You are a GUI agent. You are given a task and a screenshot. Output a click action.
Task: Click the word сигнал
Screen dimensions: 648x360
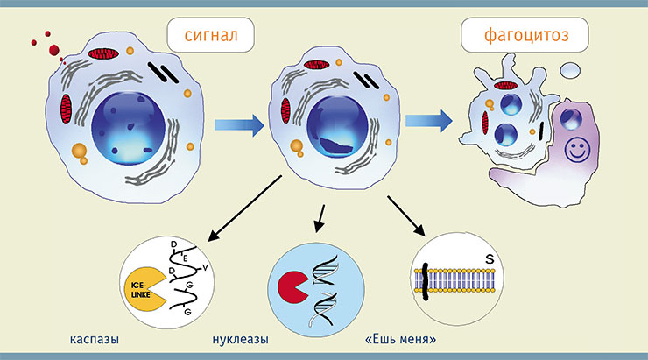click(x=211, y=35)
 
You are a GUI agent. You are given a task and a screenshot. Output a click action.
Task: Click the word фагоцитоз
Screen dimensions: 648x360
click(x=526, y=35)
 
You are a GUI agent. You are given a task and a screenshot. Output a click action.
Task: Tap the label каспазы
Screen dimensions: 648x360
click(x=95, y=340)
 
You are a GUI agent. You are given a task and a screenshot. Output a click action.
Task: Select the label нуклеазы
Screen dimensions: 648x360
click(x=241, y=340)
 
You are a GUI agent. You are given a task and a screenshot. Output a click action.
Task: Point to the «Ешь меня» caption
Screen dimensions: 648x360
click(x=401, y=339)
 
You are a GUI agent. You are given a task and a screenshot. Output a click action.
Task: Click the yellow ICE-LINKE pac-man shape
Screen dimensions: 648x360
click(x=144, y=289)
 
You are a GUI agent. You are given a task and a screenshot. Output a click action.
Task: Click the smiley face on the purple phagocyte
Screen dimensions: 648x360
click(x=577, y=150)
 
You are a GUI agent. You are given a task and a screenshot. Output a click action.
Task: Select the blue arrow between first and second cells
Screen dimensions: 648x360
click(x=239, y=125)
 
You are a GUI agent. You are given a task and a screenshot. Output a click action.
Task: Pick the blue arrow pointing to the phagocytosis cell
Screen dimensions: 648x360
click(x=429, y=121)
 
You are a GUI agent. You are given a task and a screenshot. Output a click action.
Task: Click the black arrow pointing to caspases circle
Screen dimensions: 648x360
click(x=244, y=208)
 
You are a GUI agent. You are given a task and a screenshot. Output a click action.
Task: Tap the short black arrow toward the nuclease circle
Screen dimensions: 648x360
click(x=320, y=218)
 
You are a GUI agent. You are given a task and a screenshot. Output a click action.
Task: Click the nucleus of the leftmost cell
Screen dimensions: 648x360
click(x=128, y=129)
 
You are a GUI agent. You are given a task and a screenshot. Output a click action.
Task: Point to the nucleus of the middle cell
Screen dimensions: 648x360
click(x=337, y=127)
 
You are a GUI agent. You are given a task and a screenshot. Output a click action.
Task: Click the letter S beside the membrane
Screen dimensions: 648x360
click(x=490, y=259)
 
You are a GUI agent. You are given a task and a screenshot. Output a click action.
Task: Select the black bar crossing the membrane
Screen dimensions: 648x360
click(x=425, y=282)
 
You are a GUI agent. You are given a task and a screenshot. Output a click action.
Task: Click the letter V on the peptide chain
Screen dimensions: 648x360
click(x=205, y=268)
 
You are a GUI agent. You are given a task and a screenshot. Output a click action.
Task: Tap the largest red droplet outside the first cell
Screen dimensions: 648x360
click(x=53, y=50)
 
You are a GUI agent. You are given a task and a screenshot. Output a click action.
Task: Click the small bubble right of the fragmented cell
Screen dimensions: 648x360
click(x=570, y=70)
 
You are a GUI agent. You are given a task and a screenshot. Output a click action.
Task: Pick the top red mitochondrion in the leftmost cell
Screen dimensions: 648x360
click(x=103, y=53)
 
